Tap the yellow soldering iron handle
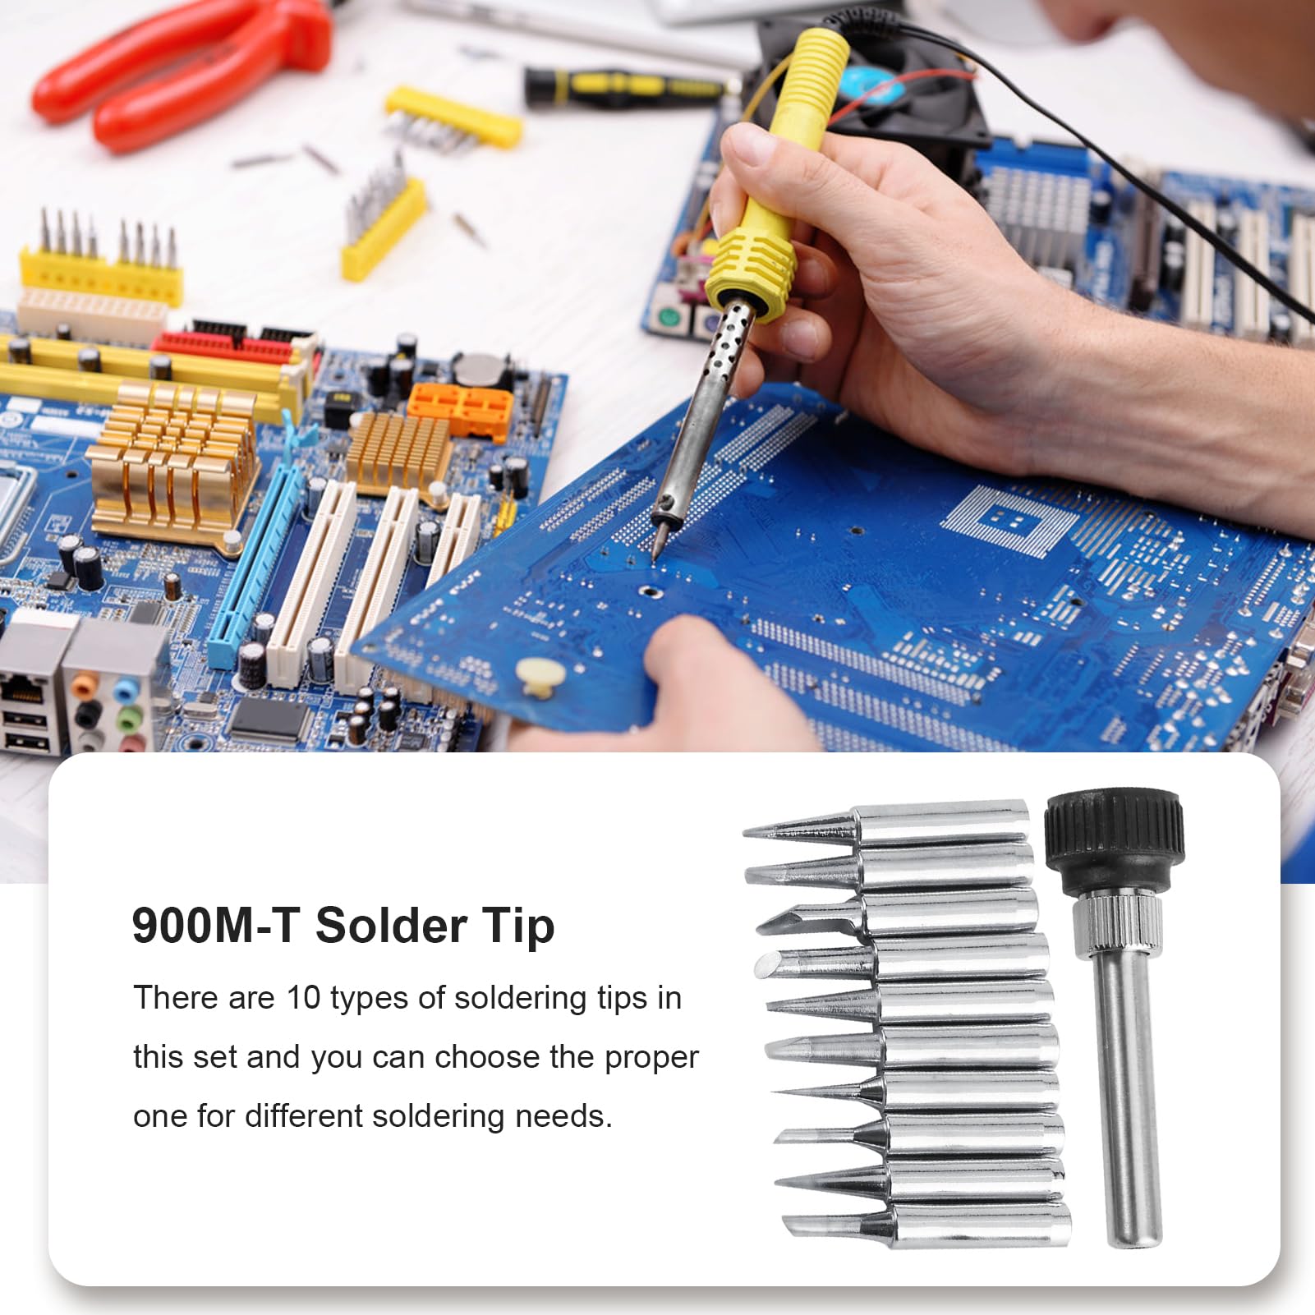tap(780, 164)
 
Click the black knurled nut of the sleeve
tap(1115, 838)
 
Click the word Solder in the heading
tap(390, 926)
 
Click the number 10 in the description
tap(303, 998)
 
